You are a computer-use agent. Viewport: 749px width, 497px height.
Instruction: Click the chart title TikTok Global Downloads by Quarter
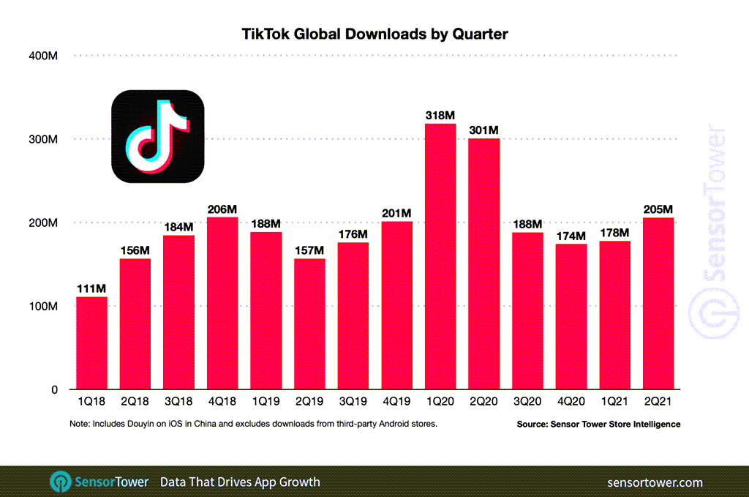click(374, 34)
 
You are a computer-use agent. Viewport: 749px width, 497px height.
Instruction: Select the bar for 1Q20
click(440, 256)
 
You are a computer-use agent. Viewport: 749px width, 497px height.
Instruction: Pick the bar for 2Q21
click(658, 303)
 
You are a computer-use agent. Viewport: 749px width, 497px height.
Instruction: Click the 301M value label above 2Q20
click(483, 130)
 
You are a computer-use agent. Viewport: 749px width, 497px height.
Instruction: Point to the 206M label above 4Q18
click(222, 209)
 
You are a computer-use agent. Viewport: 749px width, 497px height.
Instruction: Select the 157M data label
click(309, 250)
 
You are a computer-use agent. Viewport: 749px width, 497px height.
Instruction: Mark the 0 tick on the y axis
click(53, 390)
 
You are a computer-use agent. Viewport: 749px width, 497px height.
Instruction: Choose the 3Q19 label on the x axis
click(353, 402)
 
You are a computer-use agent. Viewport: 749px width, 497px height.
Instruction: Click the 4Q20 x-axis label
click(571, 402)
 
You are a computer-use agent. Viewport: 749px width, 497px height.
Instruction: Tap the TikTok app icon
click(157, 136)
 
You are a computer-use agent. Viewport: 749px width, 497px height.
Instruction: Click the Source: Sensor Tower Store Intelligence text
click(598, 424)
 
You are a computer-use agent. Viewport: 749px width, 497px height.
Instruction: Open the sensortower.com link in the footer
click(655, 482)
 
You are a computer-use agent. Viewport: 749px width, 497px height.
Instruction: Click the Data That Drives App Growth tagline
click(240, 482)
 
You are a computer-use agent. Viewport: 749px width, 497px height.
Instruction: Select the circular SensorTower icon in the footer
click(60, 482)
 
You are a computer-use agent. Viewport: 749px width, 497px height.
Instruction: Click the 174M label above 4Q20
click(571, 236)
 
